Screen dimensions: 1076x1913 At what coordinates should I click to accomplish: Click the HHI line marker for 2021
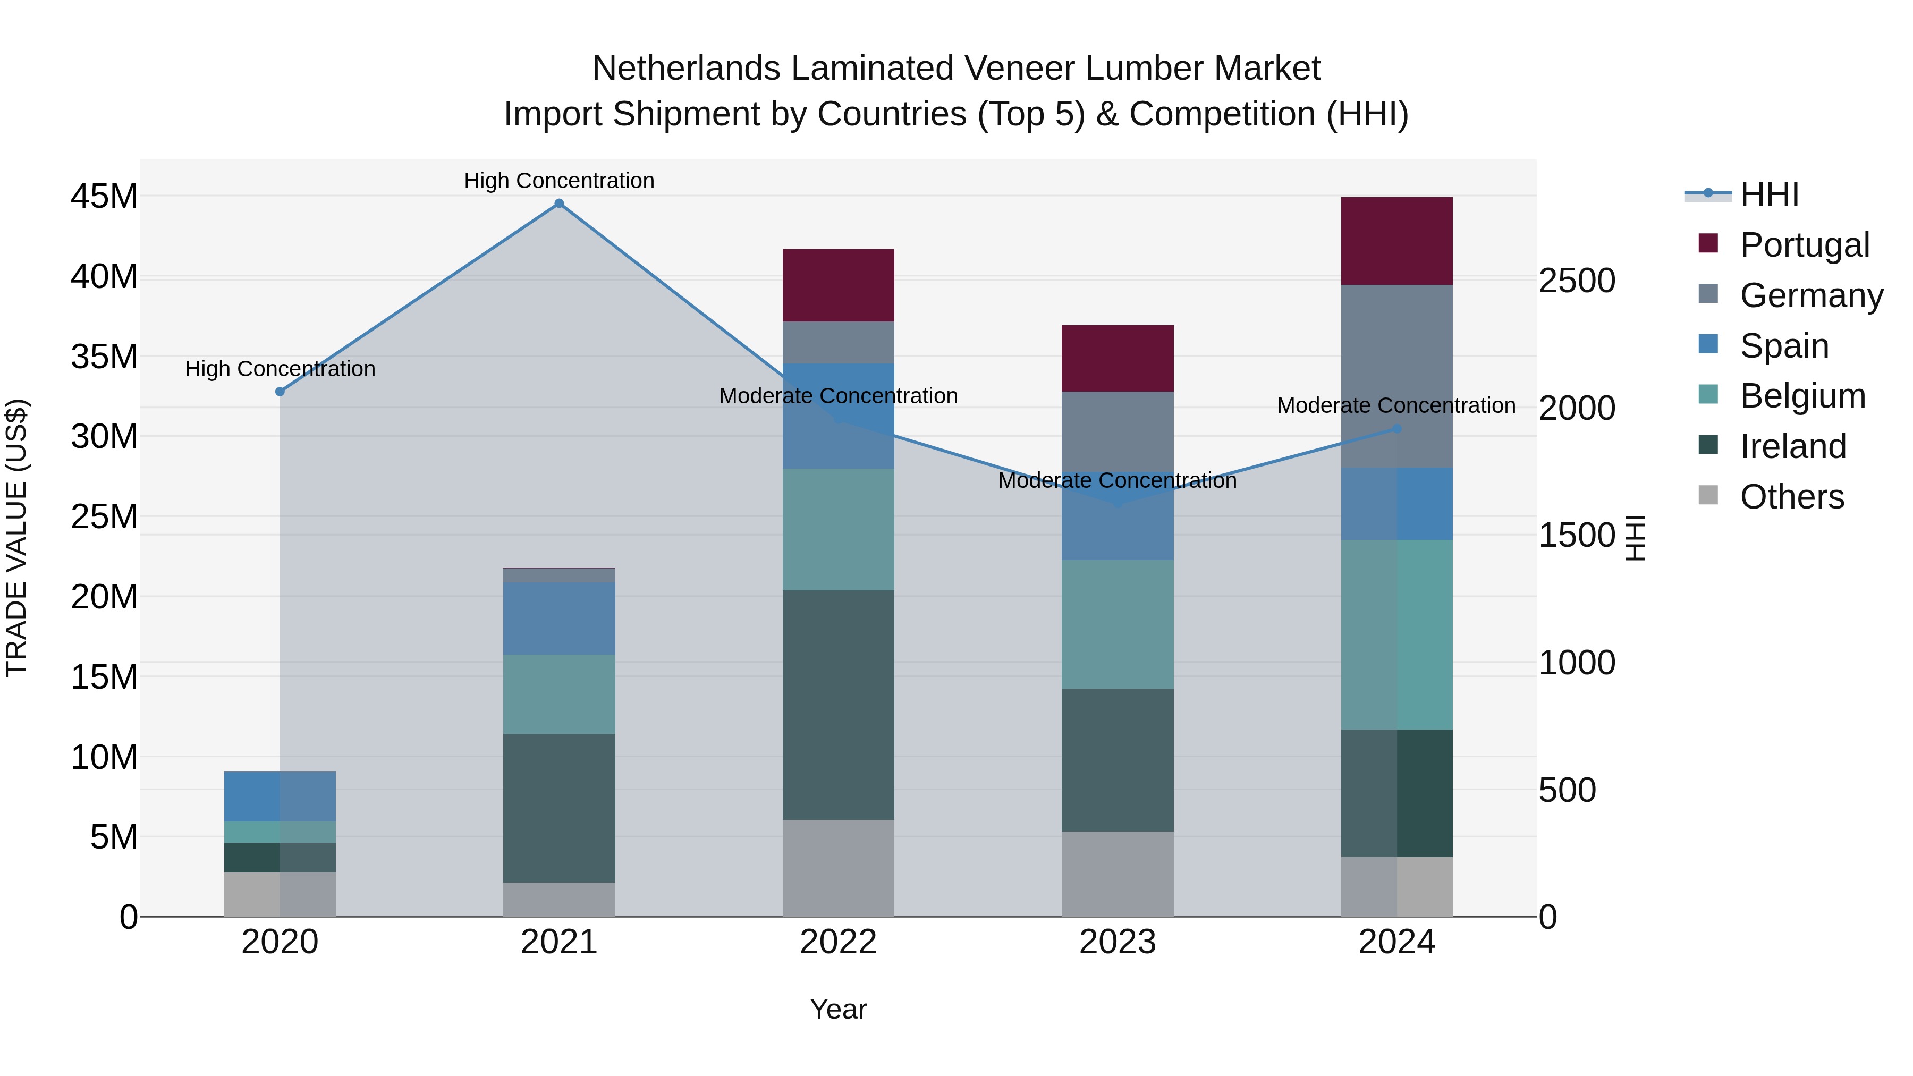pos(559,204)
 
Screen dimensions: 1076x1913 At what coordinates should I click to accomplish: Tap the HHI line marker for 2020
pos(280,391)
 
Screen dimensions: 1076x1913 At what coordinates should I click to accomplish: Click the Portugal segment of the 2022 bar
pos(839,285)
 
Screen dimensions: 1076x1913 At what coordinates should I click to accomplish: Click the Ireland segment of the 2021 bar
pos(559,808)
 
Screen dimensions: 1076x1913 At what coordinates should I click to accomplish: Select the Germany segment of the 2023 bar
pos(1118,431)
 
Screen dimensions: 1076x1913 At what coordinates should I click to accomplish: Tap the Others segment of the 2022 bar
pos(839,867)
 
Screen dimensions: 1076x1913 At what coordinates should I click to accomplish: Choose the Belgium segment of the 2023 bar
pos(1118,624)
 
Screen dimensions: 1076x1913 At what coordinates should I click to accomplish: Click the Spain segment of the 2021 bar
pos(559,618)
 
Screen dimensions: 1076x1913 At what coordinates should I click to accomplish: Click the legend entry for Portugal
pos(1804,245)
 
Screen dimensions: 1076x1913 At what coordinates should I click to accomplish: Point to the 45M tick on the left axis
pos(104,197)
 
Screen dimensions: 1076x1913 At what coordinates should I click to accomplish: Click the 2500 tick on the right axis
pos(1577,281)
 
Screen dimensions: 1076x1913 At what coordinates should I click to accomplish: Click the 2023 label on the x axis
pos(1118,942)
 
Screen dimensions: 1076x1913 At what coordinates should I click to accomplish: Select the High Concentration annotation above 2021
pos(559,181)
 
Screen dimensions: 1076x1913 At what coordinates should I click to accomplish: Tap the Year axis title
pos(839,1009)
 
